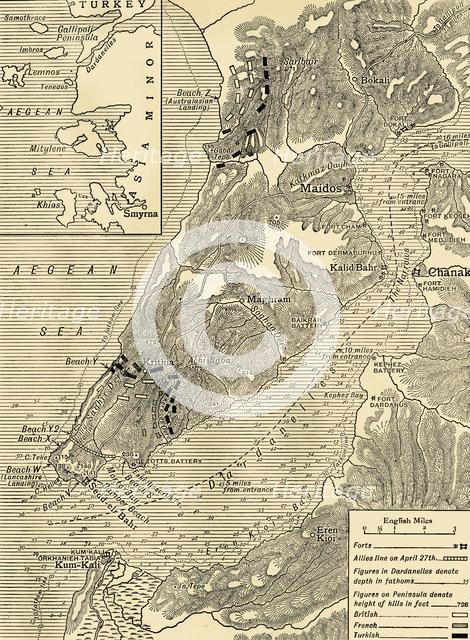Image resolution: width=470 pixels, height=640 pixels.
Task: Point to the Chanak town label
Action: click(447, 272)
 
